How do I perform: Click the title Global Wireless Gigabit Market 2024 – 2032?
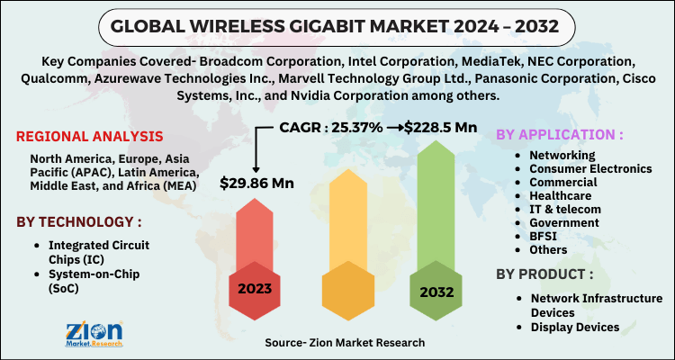337,27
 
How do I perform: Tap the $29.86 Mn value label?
257,183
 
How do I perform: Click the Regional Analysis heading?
90,137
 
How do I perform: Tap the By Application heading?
559,135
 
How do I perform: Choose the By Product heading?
546,272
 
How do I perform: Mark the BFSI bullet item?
544,236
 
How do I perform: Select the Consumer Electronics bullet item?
589,168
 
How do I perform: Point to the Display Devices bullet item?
575,327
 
